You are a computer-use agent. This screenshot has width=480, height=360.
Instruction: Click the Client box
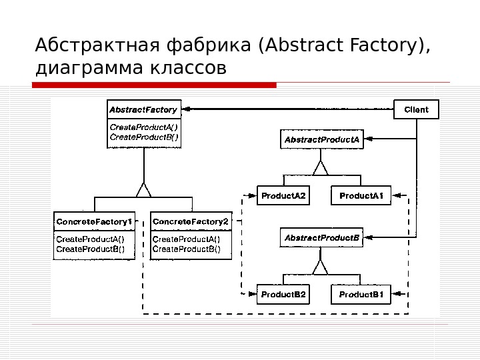417,109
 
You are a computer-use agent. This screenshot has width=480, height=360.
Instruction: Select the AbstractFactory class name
143,109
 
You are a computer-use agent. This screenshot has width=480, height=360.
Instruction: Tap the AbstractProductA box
322,140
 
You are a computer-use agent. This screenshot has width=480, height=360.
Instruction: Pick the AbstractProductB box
322,237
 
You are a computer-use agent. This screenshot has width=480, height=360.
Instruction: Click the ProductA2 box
283,195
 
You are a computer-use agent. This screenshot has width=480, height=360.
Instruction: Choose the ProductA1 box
361,195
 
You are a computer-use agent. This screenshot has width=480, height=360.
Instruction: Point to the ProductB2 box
283,294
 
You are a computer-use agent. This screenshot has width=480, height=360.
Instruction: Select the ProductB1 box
361,294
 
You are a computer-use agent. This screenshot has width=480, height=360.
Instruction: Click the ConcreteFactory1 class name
94,221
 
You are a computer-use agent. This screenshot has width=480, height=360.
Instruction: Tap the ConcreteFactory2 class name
191,221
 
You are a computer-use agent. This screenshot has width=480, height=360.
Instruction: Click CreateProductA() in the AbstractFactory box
143,127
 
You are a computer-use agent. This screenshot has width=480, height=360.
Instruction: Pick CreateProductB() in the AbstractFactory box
143,137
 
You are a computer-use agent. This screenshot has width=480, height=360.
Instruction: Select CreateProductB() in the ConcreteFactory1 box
94,249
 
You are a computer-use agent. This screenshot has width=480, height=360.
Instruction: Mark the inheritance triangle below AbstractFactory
144,191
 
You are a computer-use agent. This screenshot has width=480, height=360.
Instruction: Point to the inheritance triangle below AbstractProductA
321,167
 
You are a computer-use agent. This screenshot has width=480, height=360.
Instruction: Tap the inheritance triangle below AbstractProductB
321,267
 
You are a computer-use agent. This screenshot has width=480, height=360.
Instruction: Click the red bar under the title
154,85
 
